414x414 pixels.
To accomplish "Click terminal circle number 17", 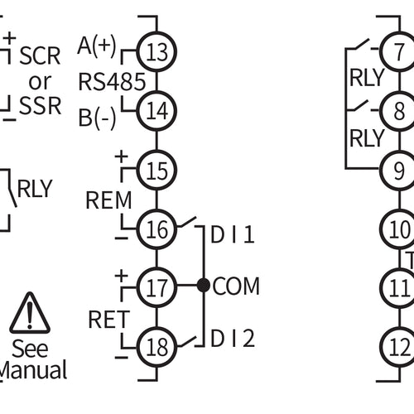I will pyautogui.click(x=156, y=287).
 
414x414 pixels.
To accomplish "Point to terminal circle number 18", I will pyautogui.click(x=156, y=344).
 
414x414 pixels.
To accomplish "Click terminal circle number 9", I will pyautogui.click(x=399, y=171).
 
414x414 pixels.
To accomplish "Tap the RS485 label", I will pyautogui.click(x=112, y=81).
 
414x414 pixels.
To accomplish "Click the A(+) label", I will pyautogui.click(x=97, y=46).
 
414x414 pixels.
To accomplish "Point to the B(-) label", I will pyautogui.click(x=98, y=117).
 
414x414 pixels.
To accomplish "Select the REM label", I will pyautogui.click(x=108, y=200).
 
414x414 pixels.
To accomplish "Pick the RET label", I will pyautogui.click(x=108, y=319).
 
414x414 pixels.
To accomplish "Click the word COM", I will pyautogui.click(x=236, y=286).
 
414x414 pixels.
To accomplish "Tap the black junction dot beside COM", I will pyautogui.click(x=203, y=286).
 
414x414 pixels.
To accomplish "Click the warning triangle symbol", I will pyautogui.click(x=30, y=313).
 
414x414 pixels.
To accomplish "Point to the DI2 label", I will pyautogui.click(x=233, y=339).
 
